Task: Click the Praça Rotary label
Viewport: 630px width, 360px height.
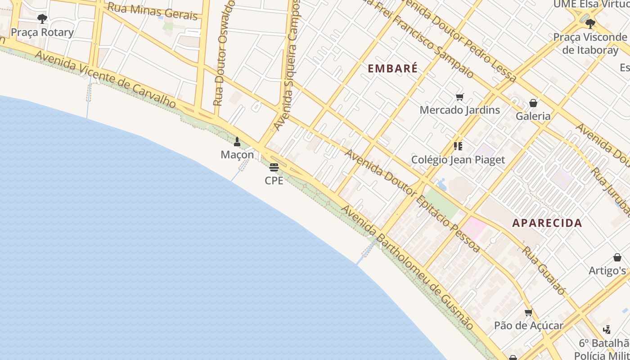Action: pyautogui.click(x=42, y=32)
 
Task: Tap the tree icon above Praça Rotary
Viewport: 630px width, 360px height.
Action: pyautogui.click(x=42, y=19)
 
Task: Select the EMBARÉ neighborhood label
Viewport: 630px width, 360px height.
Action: pyautogui.click(x=393, y=69)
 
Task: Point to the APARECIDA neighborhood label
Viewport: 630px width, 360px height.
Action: pyautogui.click(x=547, y=223)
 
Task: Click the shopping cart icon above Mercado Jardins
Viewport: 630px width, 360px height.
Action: pyautogui.click(x=459, y=97)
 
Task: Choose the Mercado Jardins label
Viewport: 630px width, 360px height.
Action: pyautogui.click(x=459, y=110)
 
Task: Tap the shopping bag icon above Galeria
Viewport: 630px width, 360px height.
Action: pyautogui.click(x=533, y=103)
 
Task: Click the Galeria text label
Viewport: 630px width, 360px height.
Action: pyautogui.click(x=533, y=116)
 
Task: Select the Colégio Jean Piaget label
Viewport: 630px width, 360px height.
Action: pyautogui.click(x=458, y=160)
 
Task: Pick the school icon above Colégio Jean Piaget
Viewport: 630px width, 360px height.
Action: pyautogui.click(x=458, y=146)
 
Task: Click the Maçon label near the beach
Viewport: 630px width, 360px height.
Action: pyautogui.click(x=237, y=155)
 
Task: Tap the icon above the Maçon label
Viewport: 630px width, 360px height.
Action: pyautogui.click(x=237, y=142)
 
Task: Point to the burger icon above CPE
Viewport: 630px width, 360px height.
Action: pyautogui.click(x=274, y=167)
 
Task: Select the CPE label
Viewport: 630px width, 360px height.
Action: pyautogui.click(x=274, y=180)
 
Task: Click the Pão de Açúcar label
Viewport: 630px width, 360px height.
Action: pyautogui.click(x=529, y=325)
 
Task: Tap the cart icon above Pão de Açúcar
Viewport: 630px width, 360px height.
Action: pyautogui.click(x=529, y=312)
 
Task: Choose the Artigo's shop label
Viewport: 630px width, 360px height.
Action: pyautogui.click(x=607, y=270)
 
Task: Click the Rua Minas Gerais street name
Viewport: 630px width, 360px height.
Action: pyautogui.click(x=153, y=12)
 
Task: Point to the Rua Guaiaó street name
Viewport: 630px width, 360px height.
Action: pyautogui.click(x=543, y=270)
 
